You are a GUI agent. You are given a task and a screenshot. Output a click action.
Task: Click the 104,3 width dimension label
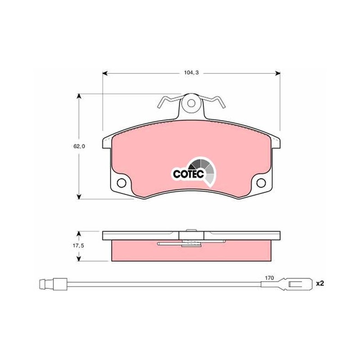(x=191, y=73)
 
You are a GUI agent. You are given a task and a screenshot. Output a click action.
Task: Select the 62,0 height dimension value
(x=79, y=146)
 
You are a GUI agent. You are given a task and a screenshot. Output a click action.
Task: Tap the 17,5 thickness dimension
(x=78, y=246)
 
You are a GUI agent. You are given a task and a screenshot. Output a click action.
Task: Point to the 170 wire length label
(x=269, y=278)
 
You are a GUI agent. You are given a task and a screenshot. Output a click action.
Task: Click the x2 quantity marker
(x=320, y=283)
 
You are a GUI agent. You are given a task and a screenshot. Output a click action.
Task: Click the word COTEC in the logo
(x=189, y=174)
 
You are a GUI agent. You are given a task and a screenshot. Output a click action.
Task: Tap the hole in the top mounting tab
(x=191, y=103)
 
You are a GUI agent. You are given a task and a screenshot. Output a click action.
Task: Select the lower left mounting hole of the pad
(x=121, y=183)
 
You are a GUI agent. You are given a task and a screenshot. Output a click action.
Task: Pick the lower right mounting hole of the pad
(x=261, y=183)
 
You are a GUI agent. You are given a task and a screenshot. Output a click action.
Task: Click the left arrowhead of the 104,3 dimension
(x=105, y=73)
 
